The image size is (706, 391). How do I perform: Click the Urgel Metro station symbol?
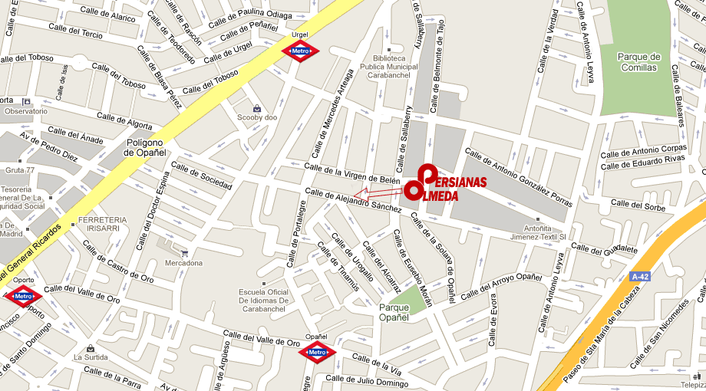pos(300,51)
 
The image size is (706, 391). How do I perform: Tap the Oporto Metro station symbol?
pos(22,296)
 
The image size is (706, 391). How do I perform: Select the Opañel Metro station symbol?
pos(316,353)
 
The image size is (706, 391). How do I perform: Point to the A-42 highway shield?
pos(639,275)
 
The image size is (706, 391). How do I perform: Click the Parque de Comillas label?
pos(638,62)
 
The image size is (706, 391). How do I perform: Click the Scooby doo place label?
pos(256,117)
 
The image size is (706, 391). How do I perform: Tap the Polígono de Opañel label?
pos(146,148)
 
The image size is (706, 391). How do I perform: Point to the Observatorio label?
pos(26,111)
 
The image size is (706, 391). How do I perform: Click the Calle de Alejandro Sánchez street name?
pos(353,200)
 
